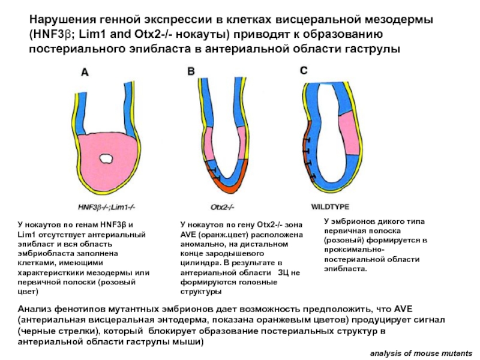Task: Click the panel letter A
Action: (85, 73)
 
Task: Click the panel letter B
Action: (191, 71)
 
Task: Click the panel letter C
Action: (304, 71)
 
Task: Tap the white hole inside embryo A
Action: (106, 158)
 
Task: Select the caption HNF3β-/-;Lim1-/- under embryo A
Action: (107, 207)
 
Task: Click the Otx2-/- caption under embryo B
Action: (222, 207)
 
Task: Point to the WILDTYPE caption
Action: (330, 206)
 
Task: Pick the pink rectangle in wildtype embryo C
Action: (349, 133)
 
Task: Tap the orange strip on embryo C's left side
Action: (307, 150)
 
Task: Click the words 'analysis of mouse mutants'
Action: (421, 353)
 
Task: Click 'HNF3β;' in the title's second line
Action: (52, 34)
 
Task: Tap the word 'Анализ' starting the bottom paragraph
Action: (34, 308)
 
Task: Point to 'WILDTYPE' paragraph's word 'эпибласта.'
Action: (346, 269)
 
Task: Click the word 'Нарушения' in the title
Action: (63, 20)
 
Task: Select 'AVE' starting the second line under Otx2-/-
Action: (187, 235)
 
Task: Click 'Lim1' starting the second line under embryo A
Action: (25, 235)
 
